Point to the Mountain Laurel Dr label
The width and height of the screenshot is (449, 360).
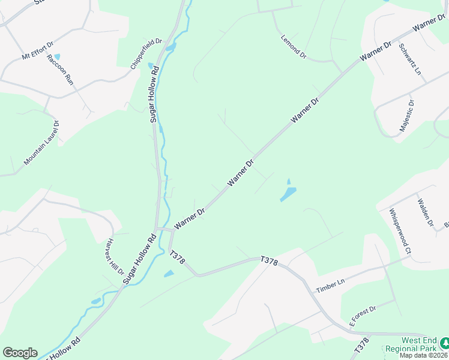(x=41, y=143)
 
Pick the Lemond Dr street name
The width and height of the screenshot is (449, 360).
(x=294, y=46)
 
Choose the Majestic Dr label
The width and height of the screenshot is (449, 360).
(x=408, y=116)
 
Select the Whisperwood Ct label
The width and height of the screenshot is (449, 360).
(x=399, y=232)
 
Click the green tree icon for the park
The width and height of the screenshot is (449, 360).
(x=444, y=343)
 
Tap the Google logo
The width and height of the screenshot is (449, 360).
(x=20, y=353)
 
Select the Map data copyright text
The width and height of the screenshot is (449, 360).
(x=424, y=355)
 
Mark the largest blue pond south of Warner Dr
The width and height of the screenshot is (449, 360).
(x=288, y=194)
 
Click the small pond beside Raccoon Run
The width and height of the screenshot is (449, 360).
(x=57, y=56)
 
